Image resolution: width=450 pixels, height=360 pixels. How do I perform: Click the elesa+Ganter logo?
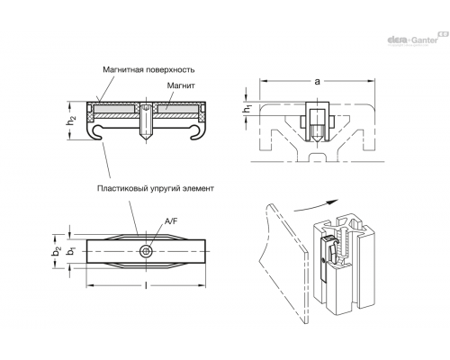(x=417, y=39)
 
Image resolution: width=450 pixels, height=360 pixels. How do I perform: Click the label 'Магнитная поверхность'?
(x=148, y=69)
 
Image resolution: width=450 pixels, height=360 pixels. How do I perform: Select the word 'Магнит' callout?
(x=181, y=85)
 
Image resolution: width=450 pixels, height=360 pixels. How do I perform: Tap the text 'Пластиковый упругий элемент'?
(x=156, y=188)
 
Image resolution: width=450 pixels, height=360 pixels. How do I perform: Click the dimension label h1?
(x=247, y=110)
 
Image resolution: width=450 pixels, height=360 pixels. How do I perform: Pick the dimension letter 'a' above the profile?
(x=317, y=81)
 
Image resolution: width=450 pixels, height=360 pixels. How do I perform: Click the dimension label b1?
(x=71, y=251)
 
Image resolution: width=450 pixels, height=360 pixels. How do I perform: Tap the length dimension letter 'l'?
(x=146, y=285)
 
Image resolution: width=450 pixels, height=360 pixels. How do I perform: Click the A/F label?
(x=171, y=221)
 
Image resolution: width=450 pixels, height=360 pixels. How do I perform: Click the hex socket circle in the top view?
(x=146, y=251)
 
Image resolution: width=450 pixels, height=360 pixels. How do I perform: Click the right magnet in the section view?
(x=178, y=108)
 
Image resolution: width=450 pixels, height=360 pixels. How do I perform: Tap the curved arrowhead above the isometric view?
(x=333, y=202)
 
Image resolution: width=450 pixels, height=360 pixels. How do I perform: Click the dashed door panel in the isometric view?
(x=285, y=264)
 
